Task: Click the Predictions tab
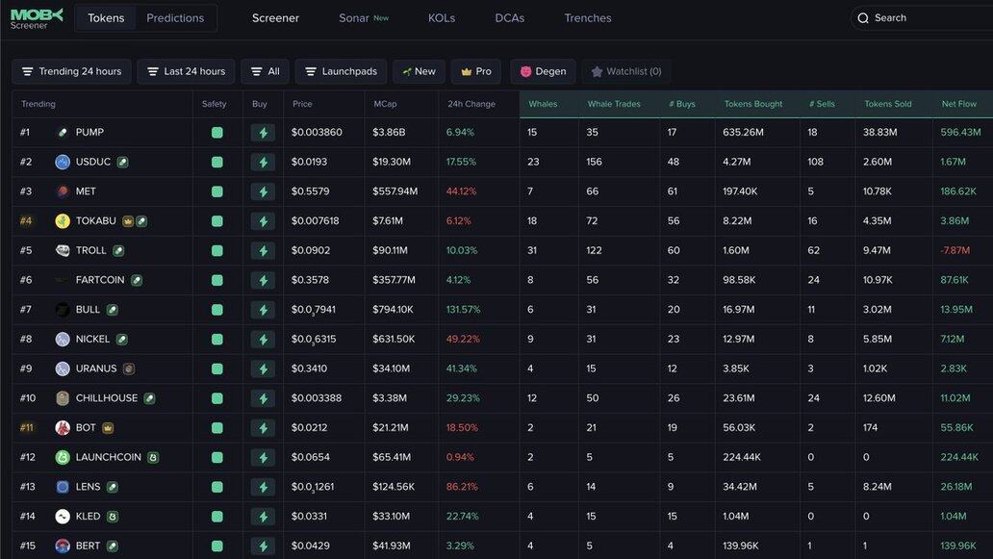175,18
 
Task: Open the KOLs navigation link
442,18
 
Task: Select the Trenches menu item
588,18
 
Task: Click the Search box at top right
924,18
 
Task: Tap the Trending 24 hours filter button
71,72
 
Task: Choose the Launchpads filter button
342,72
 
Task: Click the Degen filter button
543,72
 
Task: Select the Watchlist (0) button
626,72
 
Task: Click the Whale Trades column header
614,104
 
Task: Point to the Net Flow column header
958,104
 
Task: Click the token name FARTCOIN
100,280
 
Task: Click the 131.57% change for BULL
463,310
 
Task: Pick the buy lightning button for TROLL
263,251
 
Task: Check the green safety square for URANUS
217,368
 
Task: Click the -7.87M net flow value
955,251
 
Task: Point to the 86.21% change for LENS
462,487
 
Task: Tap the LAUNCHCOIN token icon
63,458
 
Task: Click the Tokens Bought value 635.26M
743,133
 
